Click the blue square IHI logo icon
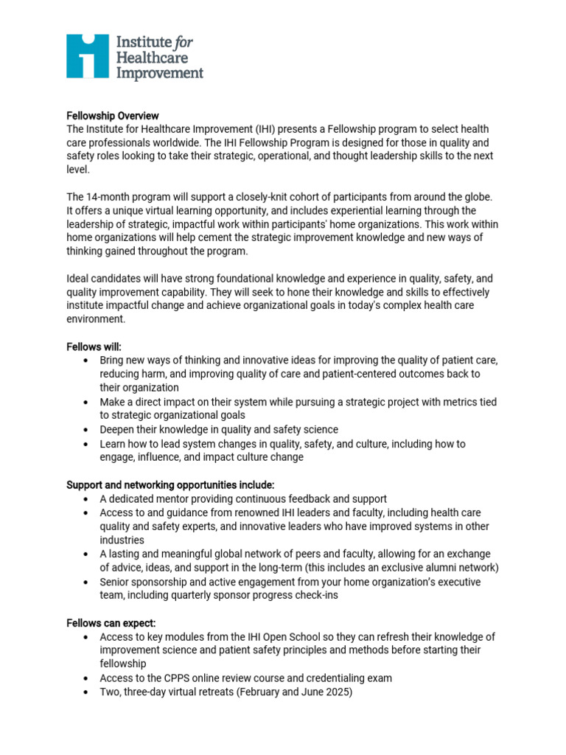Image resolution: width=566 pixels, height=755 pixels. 88,56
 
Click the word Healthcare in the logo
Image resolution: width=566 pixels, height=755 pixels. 152,58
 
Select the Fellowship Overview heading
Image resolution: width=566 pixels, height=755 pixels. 113,116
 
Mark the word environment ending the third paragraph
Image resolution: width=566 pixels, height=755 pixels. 96,320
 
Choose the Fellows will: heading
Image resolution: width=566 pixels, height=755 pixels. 90,347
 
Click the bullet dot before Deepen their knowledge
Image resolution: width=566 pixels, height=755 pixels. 87,430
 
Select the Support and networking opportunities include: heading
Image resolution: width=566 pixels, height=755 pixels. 170,484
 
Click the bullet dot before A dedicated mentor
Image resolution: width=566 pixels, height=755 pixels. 87,499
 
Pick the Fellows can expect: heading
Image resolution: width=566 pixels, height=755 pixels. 111,623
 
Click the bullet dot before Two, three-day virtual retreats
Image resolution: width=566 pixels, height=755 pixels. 87,692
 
